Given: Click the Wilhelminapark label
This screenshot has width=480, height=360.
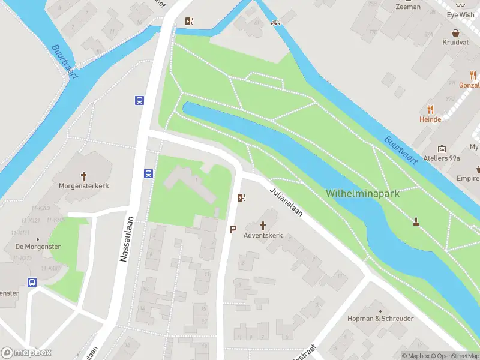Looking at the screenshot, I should click(x=362, y=193).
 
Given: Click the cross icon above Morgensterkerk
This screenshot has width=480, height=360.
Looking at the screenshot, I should click(x=83, y=176).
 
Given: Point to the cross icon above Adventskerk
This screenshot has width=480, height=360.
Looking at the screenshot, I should click(x=263, y=224).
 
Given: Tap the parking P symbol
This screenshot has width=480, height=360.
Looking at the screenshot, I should click(x=233, y=229).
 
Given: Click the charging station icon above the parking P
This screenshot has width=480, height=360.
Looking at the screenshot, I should click(x=241, y=197).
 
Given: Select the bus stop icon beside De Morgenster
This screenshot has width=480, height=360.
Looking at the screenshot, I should click(x=32, y=282).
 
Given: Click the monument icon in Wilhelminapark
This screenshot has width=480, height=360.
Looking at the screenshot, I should click(x=416, y=222).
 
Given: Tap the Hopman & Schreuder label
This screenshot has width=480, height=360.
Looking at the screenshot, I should click(x=380, y=319).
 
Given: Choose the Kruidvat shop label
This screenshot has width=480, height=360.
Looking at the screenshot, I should click(x=455, y=43).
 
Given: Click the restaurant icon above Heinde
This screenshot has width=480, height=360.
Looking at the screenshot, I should click(x=430, y=109).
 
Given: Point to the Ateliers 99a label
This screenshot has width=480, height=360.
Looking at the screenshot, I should click(x=441, y=158).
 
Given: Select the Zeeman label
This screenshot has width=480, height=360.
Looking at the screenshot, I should click(x=407, y=7).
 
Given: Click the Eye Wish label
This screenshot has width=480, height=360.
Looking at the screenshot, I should click(x=460, y=15).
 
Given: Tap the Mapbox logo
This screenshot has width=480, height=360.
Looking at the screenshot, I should click(x=26, y=353).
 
